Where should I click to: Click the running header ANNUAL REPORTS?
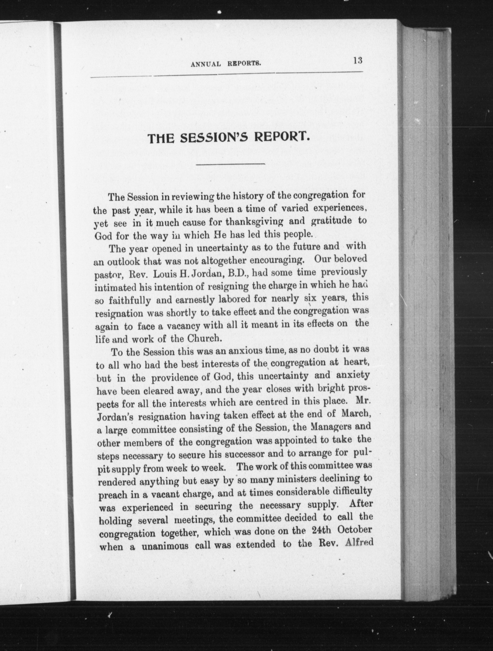[226, 64]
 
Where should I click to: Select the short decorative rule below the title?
[231, 164]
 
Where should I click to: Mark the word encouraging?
[277, 260]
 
